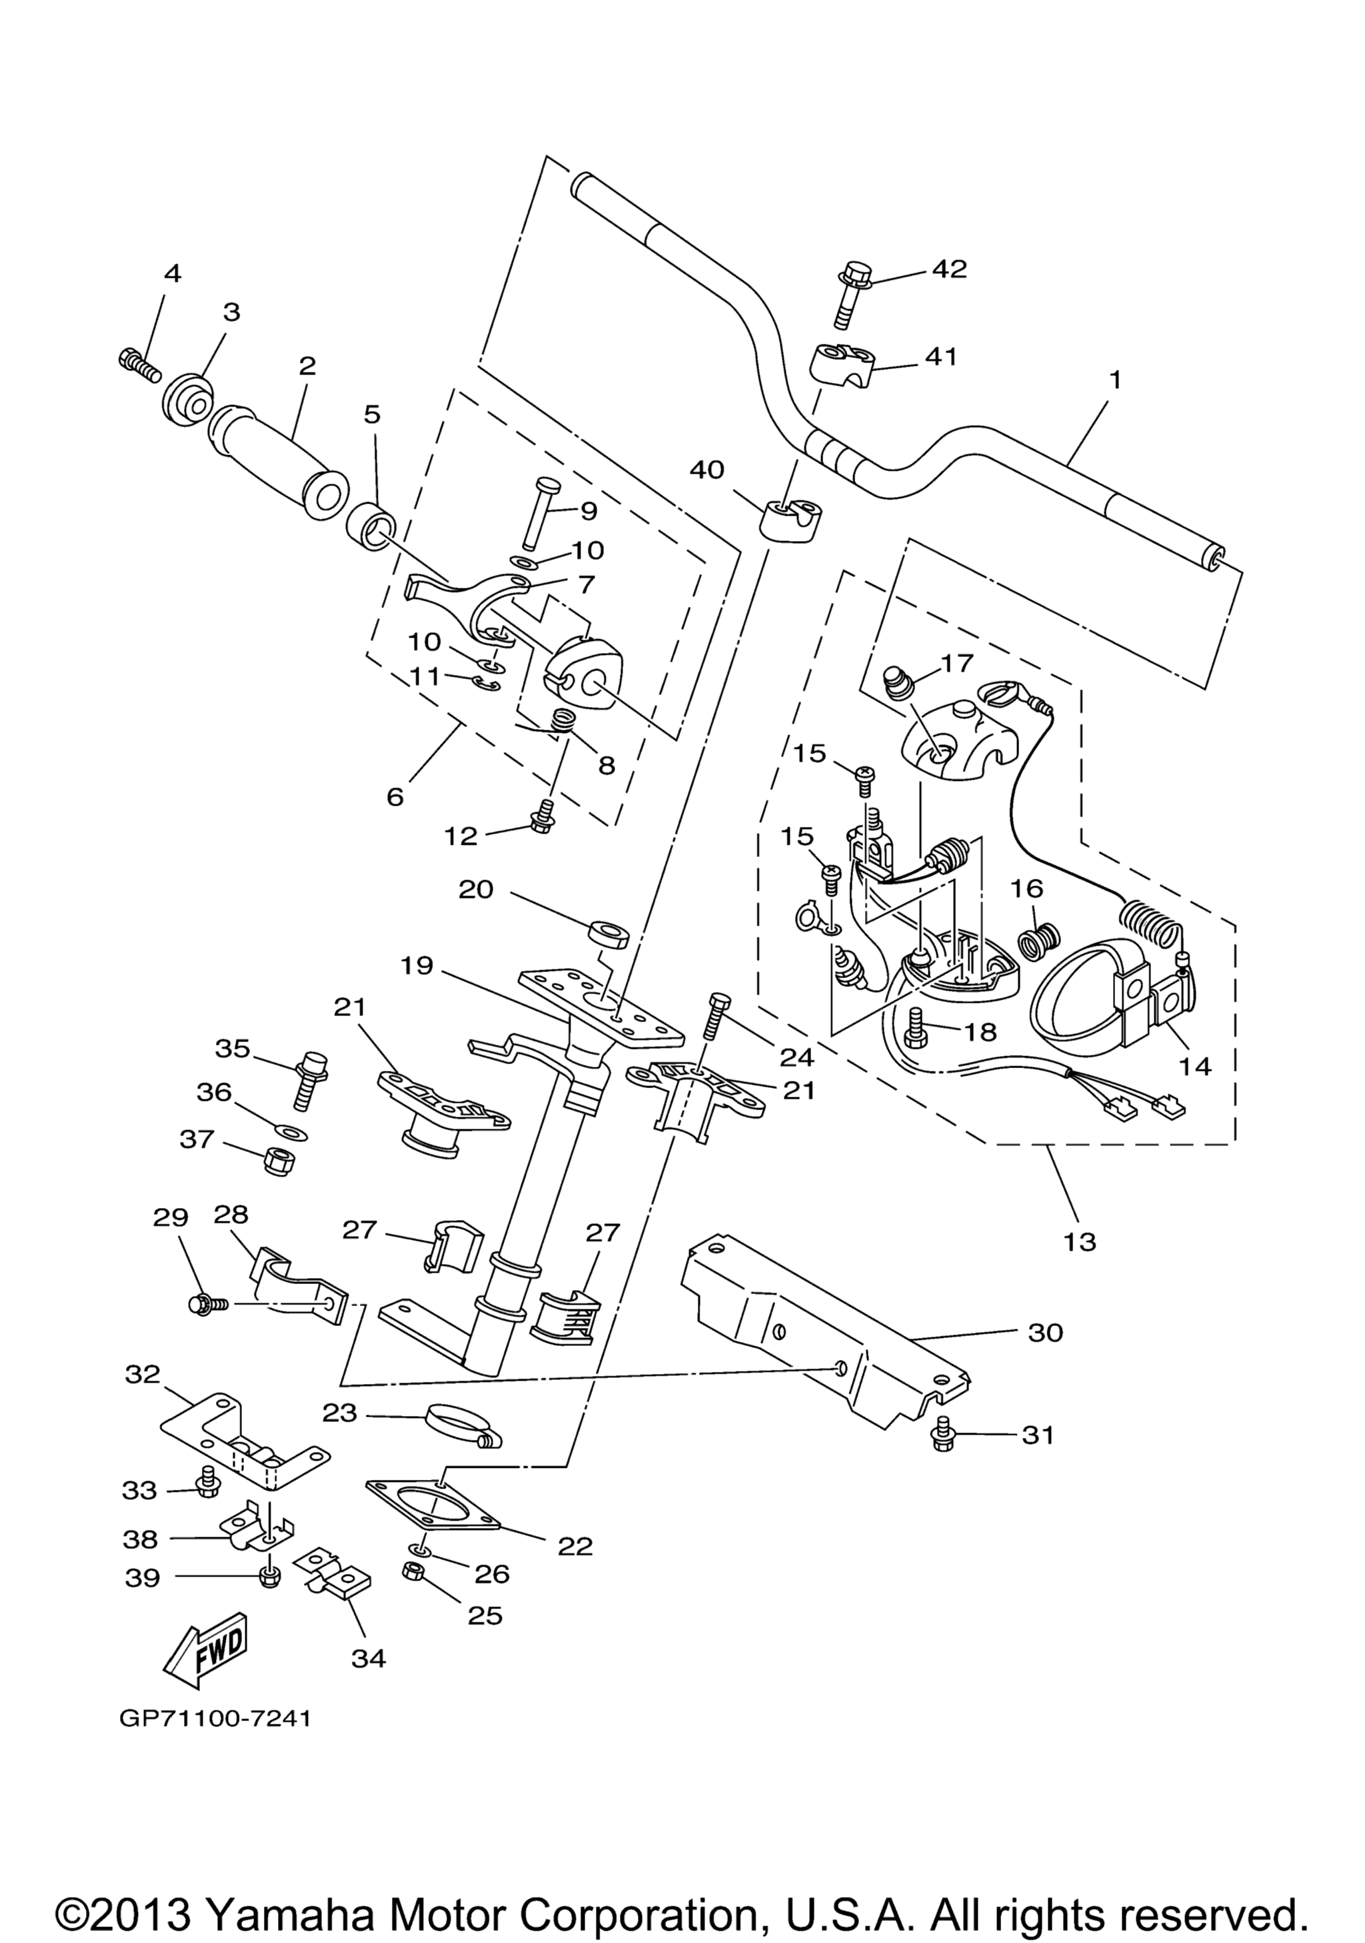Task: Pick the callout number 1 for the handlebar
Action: click(x=1115, y=380)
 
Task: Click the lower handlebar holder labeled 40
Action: click(x=788, y=518)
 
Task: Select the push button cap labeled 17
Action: click(x=898, y=680)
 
